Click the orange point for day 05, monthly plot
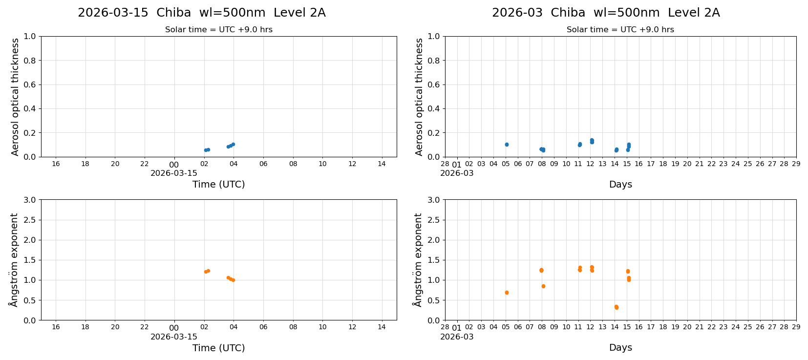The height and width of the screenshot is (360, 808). pos(507,293)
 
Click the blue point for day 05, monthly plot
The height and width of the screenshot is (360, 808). pos(507,145)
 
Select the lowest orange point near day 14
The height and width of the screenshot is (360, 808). pos(617,308)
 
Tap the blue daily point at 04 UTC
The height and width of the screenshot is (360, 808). pos(233,144)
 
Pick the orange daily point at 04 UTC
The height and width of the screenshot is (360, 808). pos(233,280)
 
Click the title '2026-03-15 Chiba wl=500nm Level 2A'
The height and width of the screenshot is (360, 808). pos(201,13)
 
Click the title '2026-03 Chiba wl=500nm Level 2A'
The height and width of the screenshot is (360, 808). pos(606,13)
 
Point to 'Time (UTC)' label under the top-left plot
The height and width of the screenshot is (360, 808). pos(218,184)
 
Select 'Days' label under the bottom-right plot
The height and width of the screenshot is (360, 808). pos(620,348)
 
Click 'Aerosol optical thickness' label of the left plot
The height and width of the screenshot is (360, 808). pos(15,97)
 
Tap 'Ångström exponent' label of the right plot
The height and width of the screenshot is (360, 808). pos(418,260)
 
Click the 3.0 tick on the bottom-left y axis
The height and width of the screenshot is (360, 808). pos(30,200)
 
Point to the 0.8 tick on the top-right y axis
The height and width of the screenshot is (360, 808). pos(434,61)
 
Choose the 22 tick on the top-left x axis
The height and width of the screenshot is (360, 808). pos(145,164)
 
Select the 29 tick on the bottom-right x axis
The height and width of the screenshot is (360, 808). pos(796,327)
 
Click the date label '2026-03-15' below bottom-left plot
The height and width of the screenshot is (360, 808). pos(174,337)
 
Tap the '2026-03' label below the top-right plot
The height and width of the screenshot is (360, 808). pos(457,173)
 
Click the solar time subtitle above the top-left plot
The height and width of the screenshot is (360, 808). pos(218,30)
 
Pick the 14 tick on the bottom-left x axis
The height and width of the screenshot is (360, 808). pos(382,327)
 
